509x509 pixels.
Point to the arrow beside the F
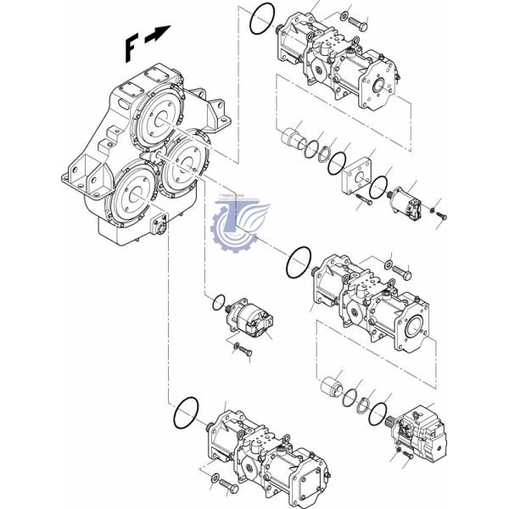tap(158, 35)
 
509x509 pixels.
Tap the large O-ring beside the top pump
tap(263, 19)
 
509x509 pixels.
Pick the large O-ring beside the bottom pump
tap(185, 413)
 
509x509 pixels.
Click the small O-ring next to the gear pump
tap(218, 301)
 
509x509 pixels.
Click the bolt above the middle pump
tap(401, 273)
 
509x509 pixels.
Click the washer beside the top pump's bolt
tap(343, 17)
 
